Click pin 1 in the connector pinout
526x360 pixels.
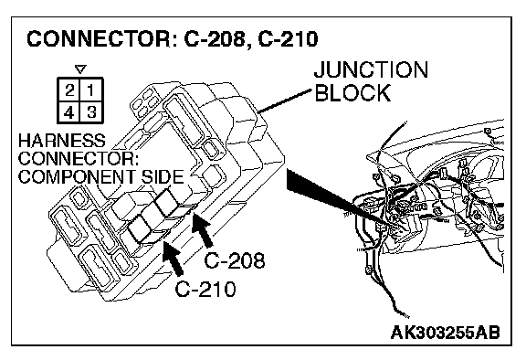tap(91, 90)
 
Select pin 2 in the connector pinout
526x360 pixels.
tap(69, 90)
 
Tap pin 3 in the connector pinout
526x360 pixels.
tap(91, 111)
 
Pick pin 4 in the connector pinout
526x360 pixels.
tap(69, 111)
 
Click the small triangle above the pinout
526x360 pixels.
tap(80, 69)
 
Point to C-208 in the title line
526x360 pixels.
tap(215, 38)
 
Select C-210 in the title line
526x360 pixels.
tap(288, 38)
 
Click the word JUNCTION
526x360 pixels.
tap(371, 69)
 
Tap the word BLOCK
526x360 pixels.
tap(352, 92)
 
